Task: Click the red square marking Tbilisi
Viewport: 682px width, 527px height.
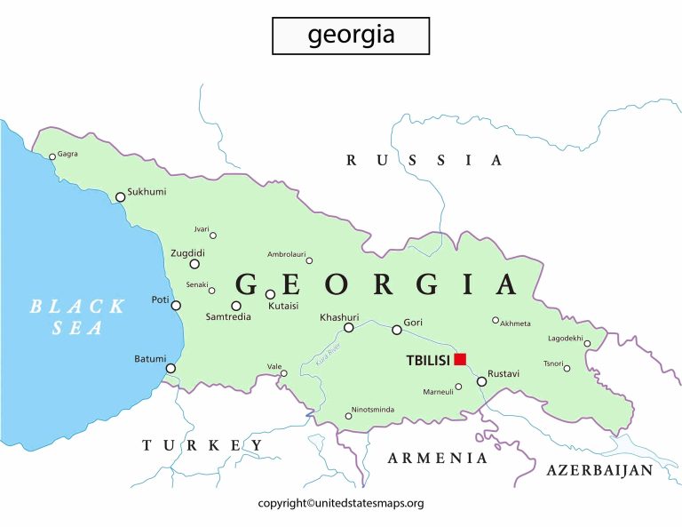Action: click(x=460, y=359)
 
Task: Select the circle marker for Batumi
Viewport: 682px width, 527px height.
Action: click(x=170, y=368)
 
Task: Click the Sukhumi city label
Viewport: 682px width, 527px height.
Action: click(x=147, y=191)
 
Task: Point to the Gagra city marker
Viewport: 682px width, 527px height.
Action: click(x=52, y=156)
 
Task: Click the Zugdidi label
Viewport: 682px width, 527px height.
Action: click(x=189, y=253)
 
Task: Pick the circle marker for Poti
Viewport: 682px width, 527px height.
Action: click(x=176, y=306)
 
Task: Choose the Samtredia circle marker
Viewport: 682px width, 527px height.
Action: click(x=236, y=306)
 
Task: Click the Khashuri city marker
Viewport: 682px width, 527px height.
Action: click(x=349, y=328)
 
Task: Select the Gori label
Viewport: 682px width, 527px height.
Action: click(x=413, y=322)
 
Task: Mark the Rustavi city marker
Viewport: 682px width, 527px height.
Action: click(x=481, y=381)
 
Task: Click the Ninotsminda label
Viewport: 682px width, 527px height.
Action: click(x=373, y=410)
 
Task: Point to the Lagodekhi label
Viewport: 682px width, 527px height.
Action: click(x=565, y=338)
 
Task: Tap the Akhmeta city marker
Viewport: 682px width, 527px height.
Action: click(x=496, y=320)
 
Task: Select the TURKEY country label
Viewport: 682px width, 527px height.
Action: click(x=203, y=445)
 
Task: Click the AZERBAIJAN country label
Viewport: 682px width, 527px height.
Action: click(x=600, y=470)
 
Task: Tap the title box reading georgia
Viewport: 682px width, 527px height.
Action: click(x=351, y=36)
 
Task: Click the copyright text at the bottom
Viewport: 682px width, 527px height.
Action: click(x=341, y=503)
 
